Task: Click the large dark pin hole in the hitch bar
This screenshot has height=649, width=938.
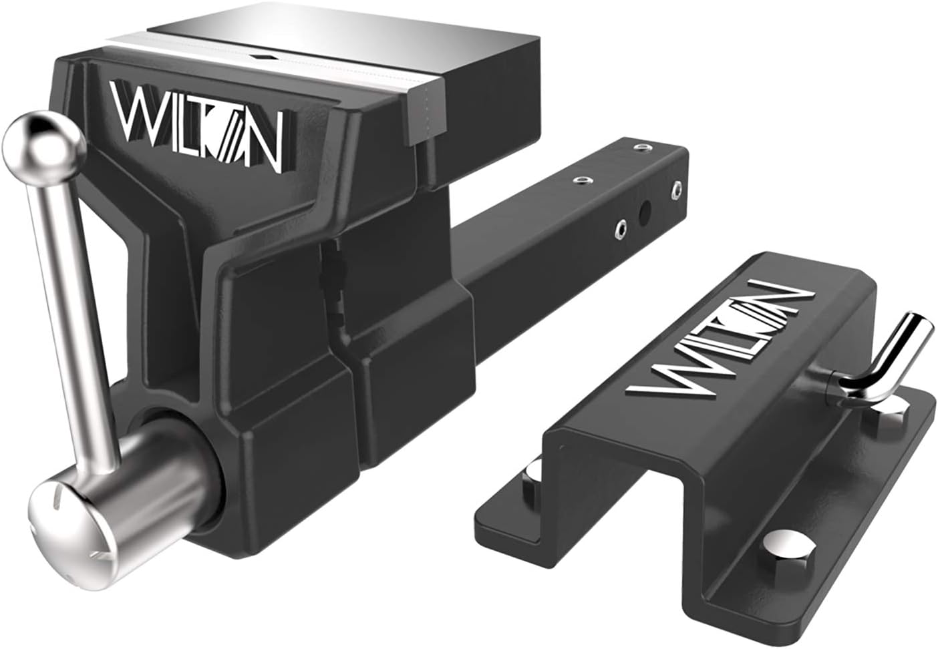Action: (645, 212)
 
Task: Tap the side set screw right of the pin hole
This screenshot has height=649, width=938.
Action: (677, 190)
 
